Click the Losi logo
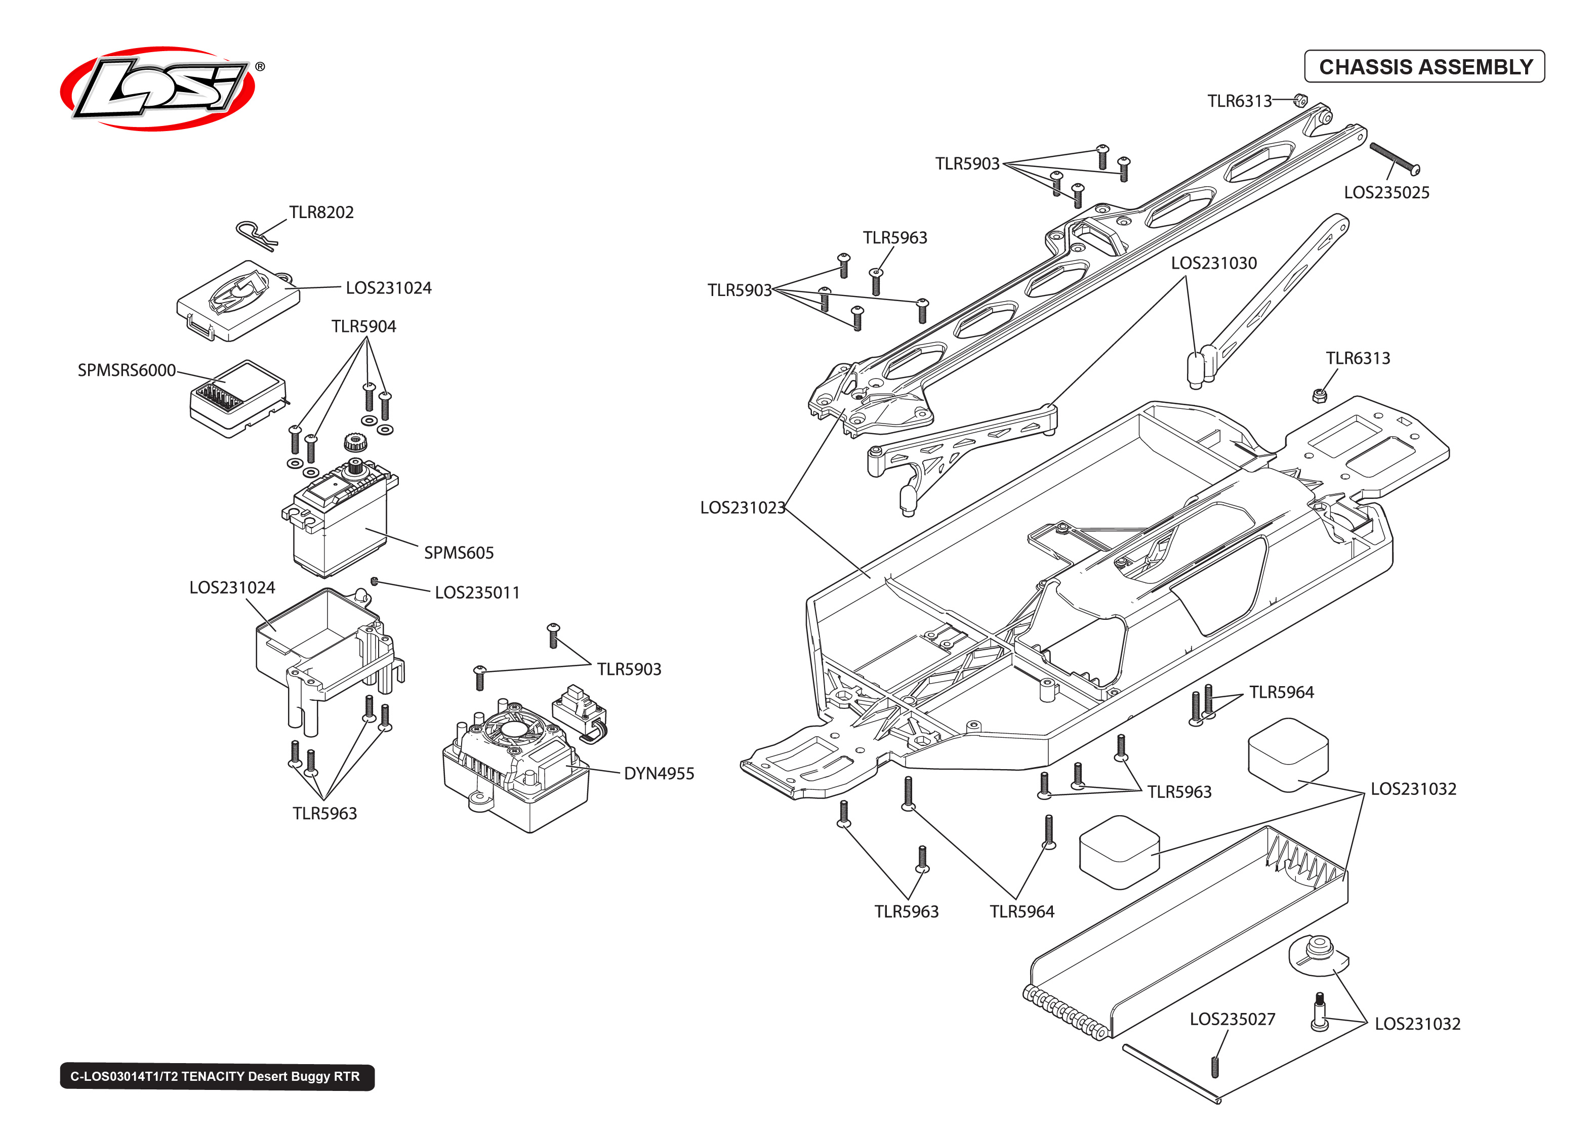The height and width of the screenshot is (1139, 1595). [x=158, y=89]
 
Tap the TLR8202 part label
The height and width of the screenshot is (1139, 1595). [x=321, y=212]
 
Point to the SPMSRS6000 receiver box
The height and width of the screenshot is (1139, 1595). [x=238, y=398]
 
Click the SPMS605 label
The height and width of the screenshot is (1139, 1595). [x=459, y=553]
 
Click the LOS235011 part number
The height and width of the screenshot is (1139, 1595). [x=477, y=593]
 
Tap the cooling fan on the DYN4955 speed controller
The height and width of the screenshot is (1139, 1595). [x=513, y=730]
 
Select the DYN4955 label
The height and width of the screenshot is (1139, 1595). [x=659, y=774]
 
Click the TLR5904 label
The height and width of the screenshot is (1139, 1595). [x=363, y=326]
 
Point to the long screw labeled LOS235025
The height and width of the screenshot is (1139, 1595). [x=1394, y=158]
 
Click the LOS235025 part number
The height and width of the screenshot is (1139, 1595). [x=1386, y=193]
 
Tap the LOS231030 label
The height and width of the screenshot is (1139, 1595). [x=1213, y=263]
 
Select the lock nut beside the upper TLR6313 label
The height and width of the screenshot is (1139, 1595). [x=1300, y=100]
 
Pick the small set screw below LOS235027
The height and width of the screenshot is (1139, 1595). [x=1215, y=1067]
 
